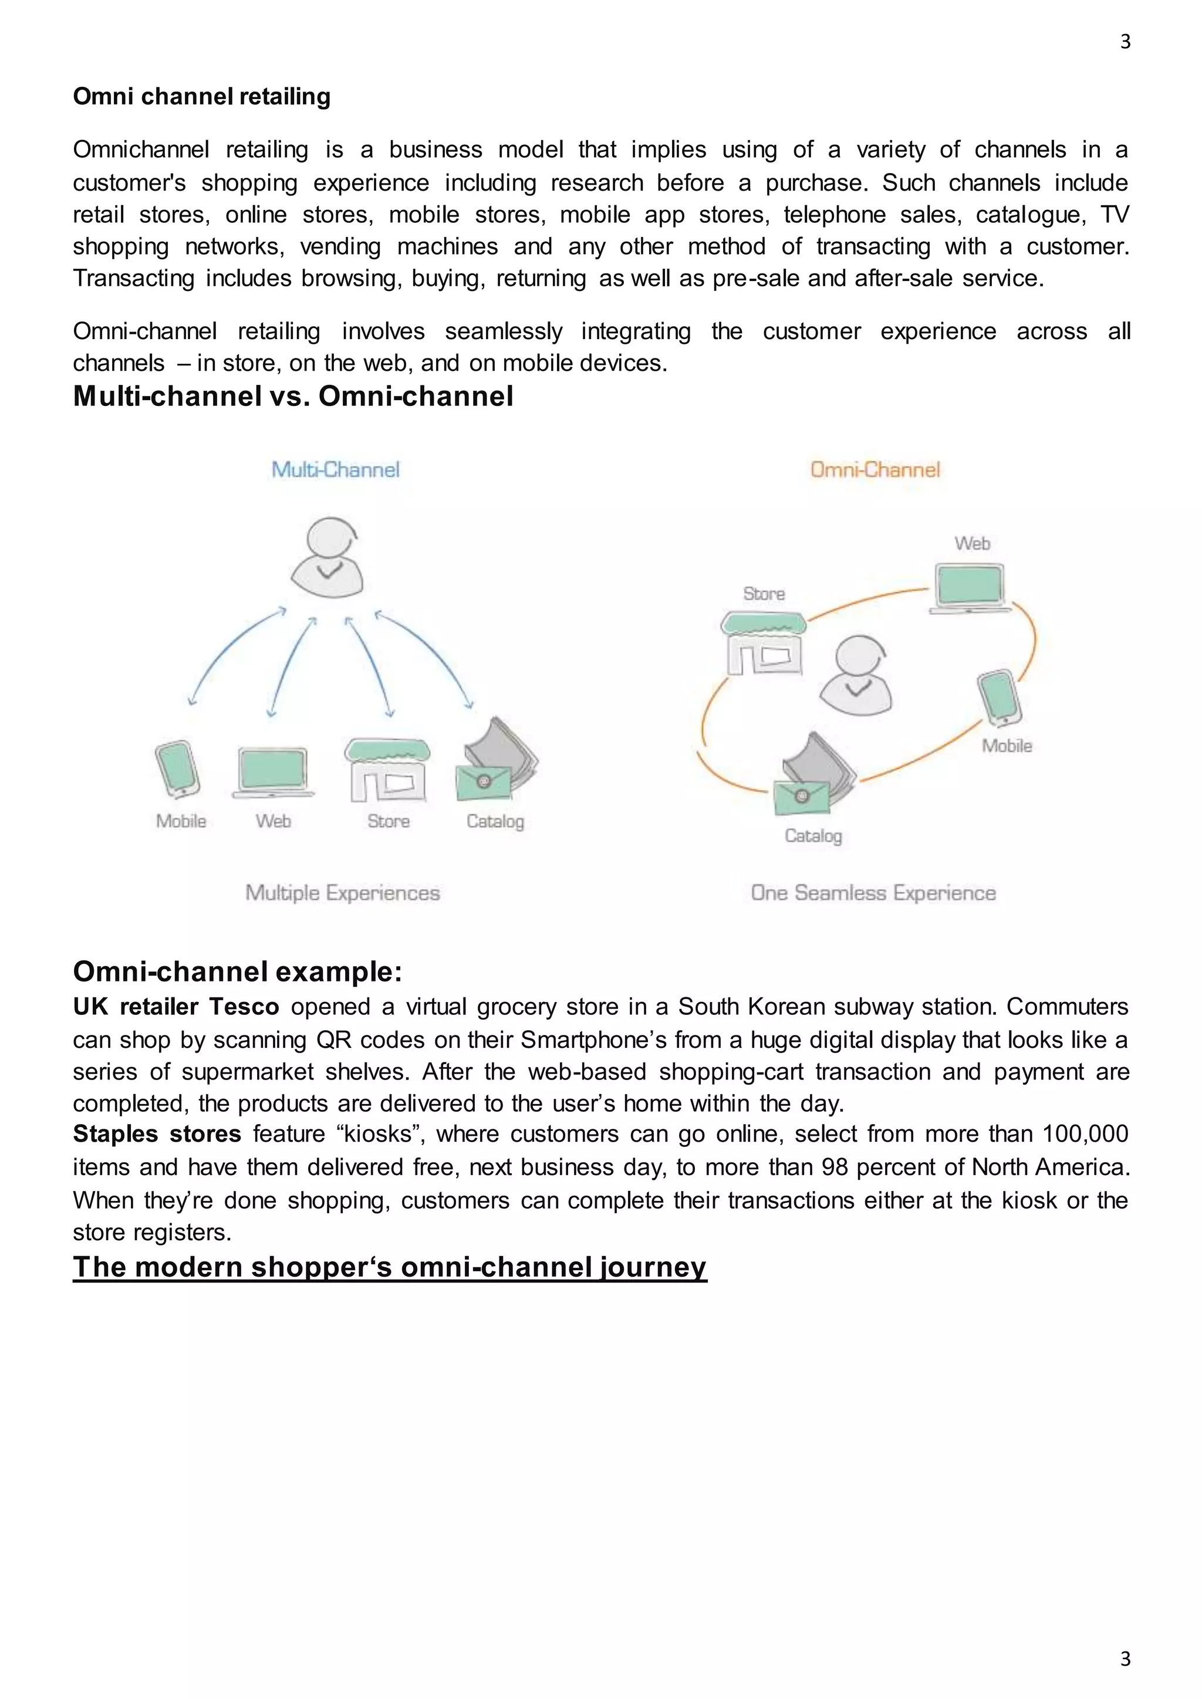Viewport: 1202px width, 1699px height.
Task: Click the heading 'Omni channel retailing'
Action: tap(201, 96)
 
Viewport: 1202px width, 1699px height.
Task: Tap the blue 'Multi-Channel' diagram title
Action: tap(335, 469)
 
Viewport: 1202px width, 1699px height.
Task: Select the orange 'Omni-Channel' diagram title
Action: tap(875, 469)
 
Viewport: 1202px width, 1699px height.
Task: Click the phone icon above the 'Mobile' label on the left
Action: tap(178, 769)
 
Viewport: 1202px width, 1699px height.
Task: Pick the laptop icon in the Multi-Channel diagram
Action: tap(272, 772)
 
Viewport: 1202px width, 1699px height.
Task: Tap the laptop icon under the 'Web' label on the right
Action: tap(970, 588)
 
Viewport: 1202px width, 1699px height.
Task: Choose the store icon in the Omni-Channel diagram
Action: tap(764, 644)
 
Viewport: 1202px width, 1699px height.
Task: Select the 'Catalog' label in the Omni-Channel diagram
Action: tap(813, 835)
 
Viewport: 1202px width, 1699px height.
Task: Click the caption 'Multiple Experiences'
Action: tap(343, 892)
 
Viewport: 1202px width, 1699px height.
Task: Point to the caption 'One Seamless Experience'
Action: tap(873, 892)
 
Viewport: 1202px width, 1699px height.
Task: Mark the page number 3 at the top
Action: tap(1125, 42)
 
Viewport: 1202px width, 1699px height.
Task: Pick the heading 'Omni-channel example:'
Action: tap(237, 971)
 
